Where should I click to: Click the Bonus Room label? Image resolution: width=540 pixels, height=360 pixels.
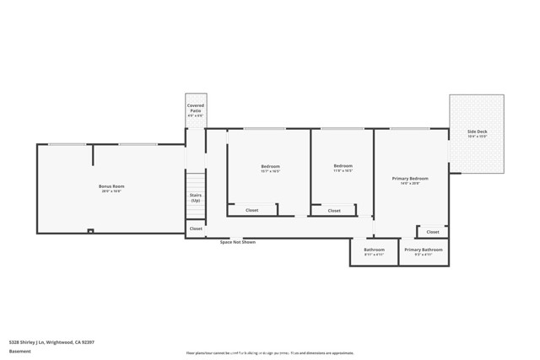pos(111,185)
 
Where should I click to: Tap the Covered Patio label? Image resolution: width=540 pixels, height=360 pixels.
pos(196,109)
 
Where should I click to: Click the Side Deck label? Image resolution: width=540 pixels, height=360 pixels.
pos(477,132)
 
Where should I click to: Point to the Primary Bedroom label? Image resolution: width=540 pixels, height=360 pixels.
pos(410,179)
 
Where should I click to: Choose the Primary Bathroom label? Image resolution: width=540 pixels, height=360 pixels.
pos(423,250)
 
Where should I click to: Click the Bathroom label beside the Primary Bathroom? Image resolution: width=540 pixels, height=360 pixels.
pos(374,250)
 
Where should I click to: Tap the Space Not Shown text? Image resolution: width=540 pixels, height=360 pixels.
pos(237,242)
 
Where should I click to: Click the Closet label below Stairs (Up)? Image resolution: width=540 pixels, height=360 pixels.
pos(196,228)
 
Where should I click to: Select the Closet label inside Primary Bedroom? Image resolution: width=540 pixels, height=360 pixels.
pos(432,232)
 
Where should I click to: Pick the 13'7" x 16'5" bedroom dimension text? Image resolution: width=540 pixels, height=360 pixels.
pos(270,171)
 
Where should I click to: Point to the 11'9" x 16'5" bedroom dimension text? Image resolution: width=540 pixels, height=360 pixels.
pos(343,170)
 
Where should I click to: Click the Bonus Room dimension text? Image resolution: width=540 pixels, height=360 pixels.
pos(111,191)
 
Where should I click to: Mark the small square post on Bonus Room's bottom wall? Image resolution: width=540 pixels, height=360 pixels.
pos(90,230)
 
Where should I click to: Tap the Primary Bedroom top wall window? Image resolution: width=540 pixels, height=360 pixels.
pos(410,129)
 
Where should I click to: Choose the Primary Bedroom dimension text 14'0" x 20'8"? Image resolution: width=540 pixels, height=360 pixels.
pos(410,184)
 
